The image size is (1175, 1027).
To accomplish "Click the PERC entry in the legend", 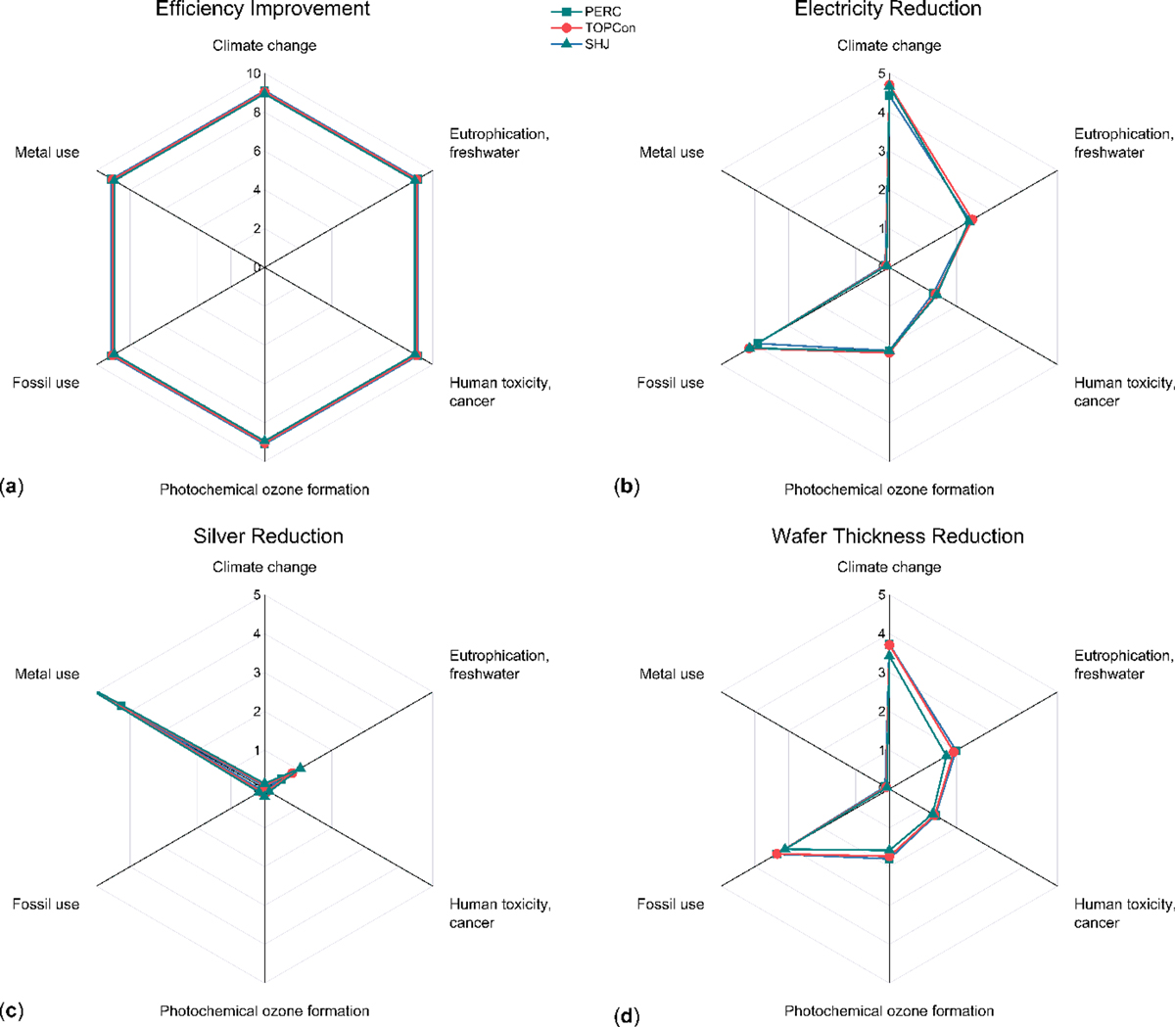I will click(602, 12).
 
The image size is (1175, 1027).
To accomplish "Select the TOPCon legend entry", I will click(610, 28).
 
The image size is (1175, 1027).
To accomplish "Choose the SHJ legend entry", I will click(597, 45).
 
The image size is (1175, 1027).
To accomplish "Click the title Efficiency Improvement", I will click(263, 10).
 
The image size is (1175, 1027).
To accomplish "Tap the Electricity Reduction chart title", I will click(888, 10).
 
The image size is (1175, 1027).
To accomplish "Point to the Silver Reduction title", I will click(268, 537).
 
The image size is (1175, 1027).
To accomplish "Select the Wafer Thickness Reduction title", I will click(897, 537).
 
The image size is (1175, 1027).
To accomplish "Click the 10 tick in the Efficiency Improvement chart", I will click(254, 74).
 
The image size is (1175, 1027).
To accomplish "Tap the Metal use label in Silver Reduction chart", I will click(47, 675).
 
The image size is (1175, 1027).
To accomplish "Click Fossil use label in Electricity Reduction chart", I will click(671, 383).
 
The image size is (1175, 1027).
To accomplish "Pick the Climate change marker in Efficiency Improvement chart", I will click(263, 92).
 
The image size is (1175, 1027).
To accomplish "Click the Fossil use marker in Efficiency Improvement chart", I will click(113, 354).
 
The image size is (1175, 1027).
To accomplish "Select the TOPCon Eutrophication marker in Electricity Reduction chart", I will click(971, 219).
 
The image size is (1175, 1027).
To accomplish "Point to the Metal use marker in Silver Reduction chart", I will click(120, 706).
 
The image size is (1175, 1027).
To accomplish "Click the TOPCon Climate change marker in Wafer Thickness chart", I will click(889, 645).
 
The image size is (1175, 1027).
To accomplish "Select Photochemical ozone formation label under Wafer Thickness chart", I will click(889, 1011).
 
